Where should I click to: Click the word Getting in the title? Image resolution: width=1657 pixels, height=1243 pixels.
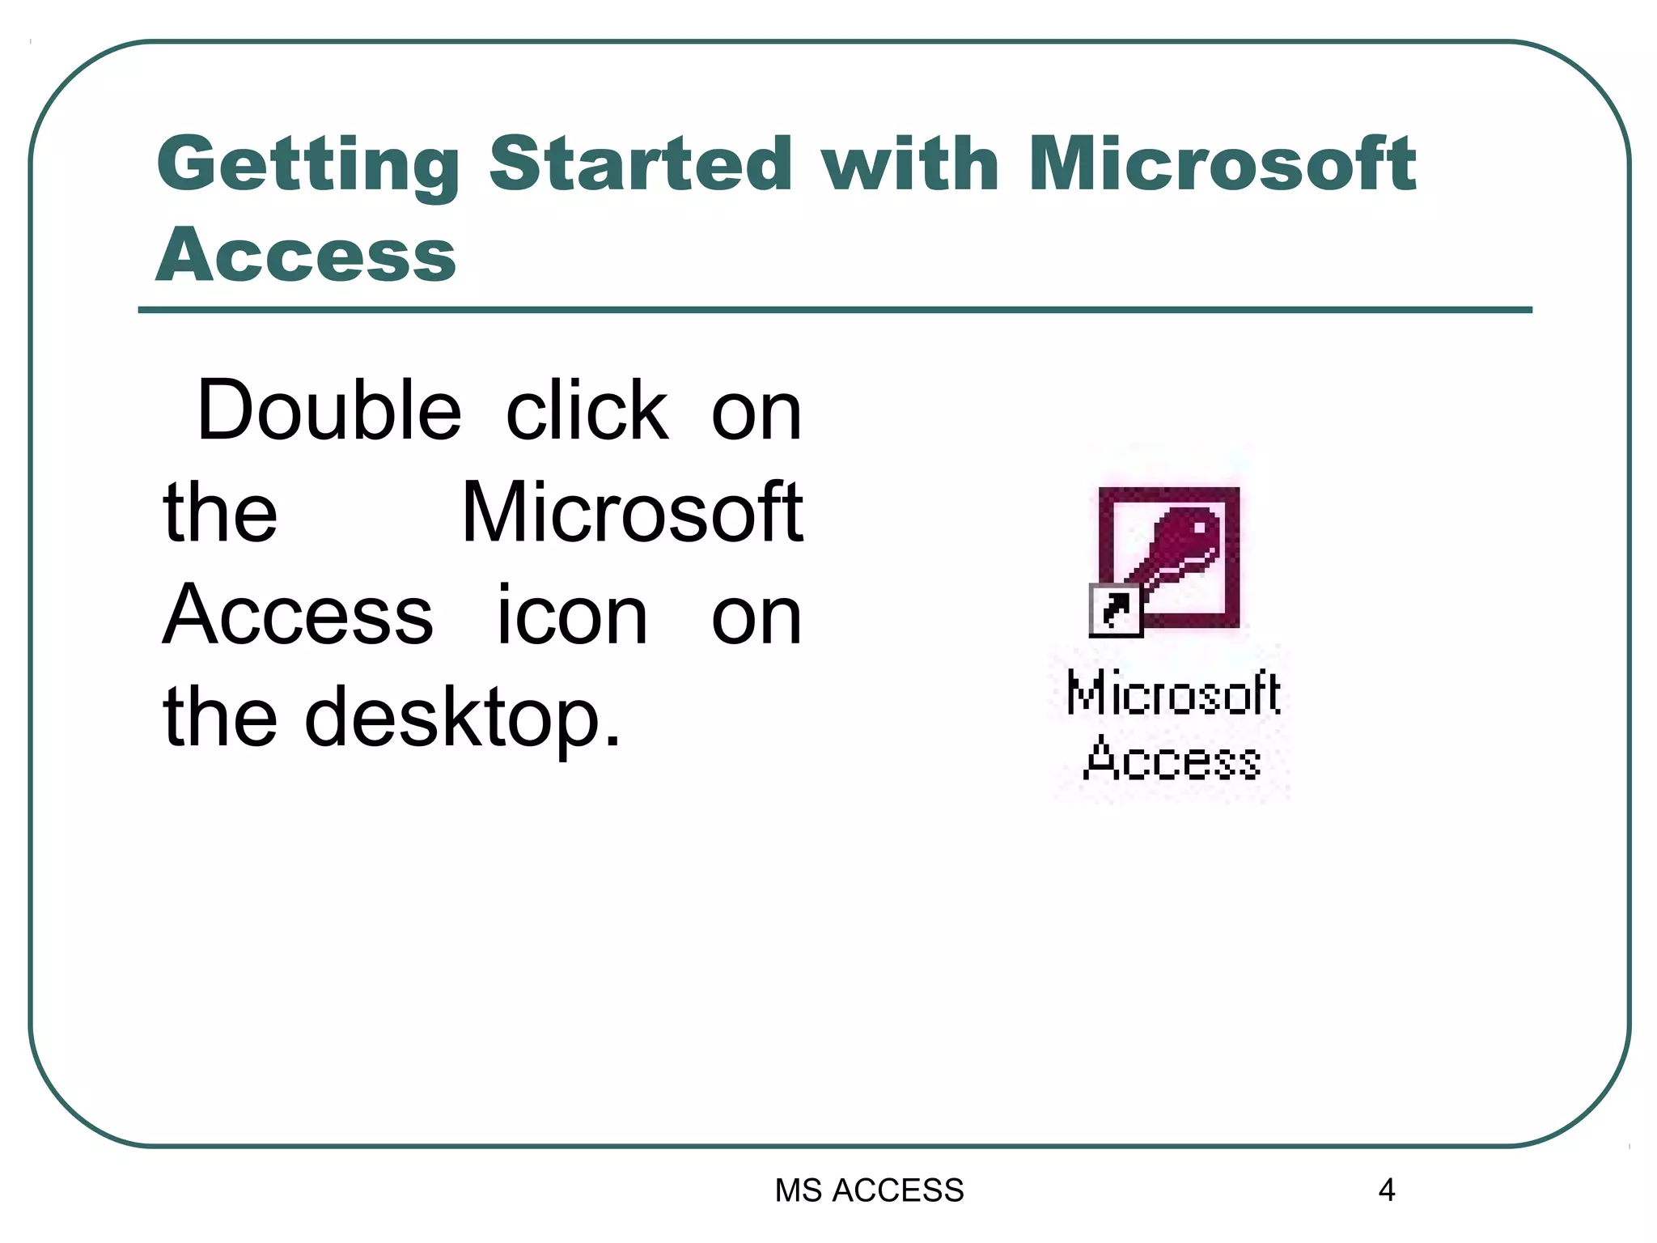[308, 165]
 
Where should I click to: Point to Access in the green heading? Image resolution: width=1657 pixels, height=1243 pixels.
[306, 256]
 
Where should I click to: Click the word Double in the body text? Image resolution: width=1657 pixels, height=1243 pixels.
[329, 410]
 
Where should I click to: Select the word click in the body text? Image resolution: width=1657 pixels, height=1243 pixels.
[587, 410]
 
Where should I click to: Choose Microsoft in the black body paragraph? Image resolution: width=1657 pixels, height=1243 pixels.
[632, 512]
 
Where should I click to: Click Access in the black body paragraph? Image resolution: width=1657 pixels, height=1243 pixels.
[298, 615]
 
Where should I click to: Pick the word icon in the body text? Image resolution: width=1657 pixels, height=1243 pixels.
[571, 615]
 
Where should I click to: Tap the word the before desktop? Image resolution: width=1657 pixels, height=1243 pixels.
[220, 716]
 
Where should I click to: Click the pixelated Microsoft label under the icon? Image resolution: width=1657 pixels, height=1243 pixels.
[1173, 694]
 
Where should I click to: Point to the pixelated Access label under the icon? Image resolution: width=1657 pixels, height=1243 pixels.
[1172, 761]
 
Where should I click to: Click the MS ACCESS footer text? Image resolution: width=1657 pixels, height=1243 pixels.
[869, 1190]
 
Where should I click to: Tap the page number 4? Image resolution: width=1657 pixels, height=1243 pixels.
[1386, 1190]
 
